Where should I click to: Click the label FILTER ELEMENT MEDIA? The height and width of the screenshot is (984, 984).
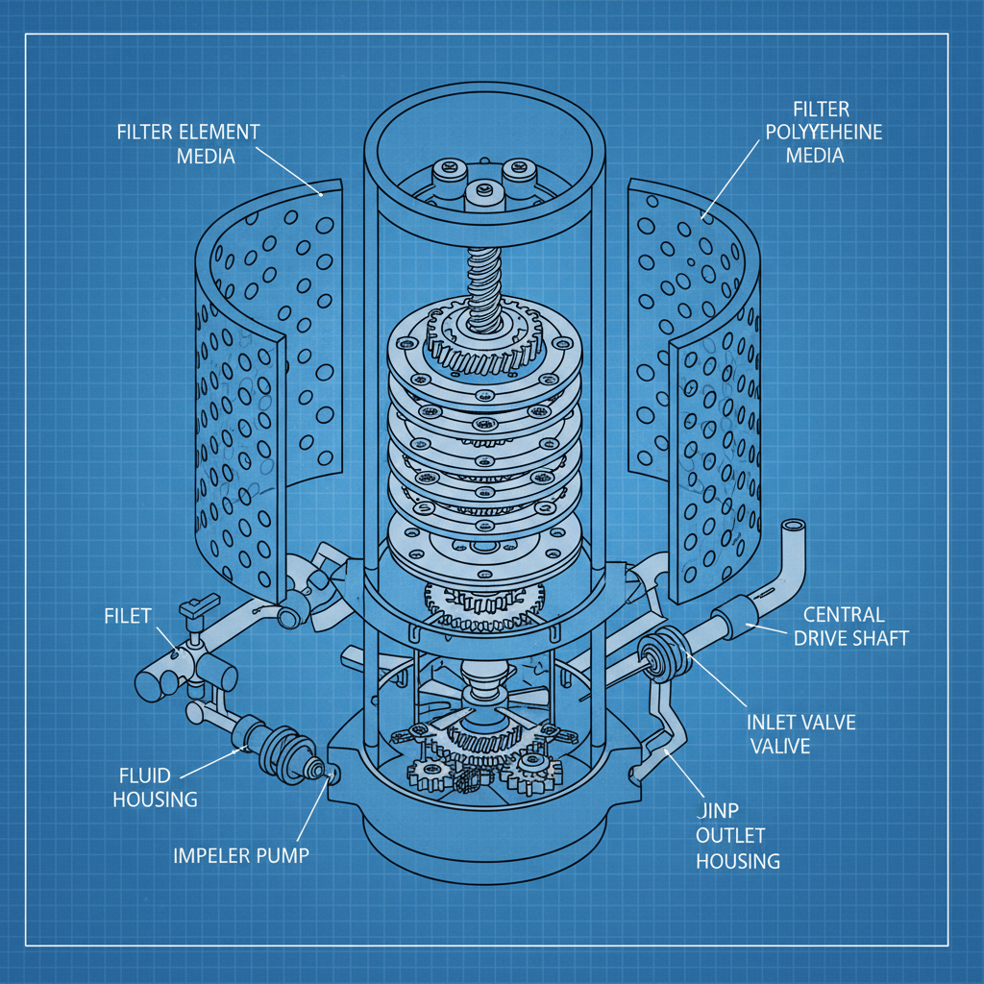coord(188,143)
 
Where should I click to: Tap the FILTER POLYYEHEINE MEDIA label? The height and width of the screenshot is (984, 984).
coord(822,132)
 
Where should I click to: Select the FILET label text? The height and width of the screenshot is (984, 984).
coord(127,616)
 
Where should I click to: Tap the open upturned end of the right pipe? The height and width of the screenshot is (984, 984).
coord(795,529)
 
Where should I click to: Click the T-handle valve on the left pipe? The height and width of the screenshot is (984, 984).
coord(196,607)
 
